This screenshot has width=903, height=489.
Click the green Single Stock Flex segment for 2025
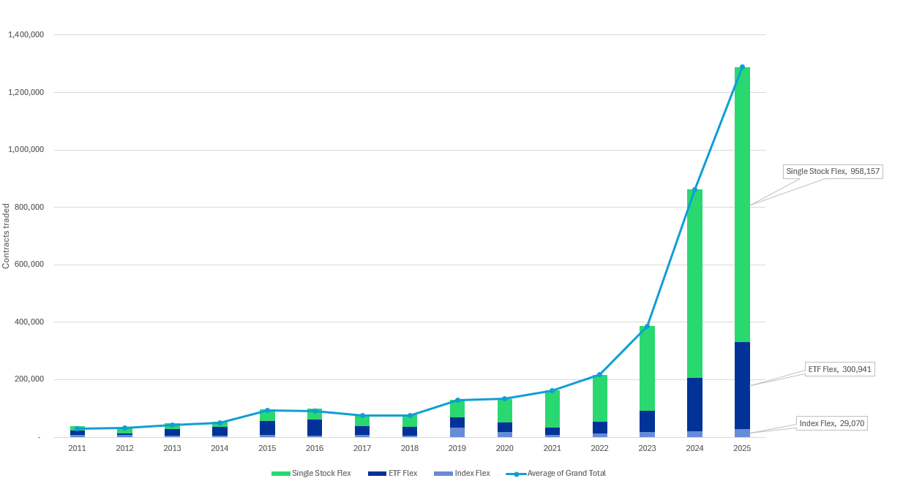742,205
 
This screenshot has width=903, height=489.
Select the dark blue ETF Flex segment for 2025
742,385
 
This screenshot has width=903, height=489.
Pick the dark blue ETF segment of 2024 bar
694,404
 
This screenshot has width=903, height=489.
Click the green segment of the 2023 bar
647,368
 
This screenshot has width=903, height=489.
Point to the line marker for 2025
742,67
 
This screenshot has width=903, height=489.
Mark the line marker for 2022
599,375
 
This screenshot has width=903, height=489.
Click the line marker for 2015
267,410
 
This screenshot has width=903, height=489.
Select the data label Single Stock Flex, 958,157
833,172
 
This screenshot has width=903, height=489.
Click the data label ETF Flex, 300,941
840,369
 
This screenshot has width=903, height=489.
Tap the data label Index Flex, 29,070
831,423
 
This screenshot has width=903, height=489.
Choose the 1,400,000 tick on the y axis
26,34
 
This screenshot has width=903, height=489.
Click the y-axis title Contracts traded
7,236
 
